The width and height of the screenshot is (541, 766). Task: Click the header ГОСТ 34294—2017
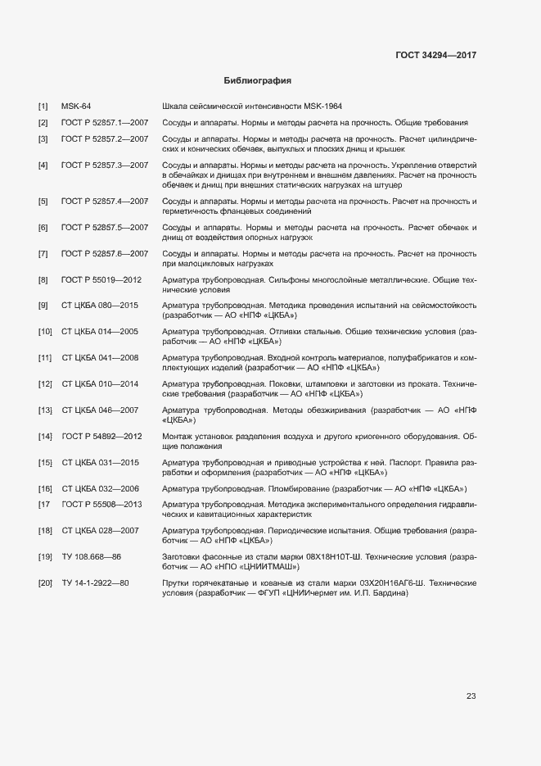click(435, 55)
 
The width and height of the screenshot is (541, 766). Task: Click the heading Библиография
click(258, 81)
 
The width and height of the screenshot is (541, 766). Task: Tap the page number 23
click(471, 696)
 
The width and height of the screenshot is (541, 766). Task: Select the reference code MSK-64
click(76, 107)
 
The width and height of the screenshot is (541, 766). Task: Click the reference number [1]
click(43, 107)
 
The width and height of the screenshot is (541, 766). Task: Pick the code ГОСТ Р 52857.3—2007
click(104, 165)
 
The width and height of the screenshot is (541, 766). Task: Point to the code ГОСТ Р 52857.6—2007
click(104, 254)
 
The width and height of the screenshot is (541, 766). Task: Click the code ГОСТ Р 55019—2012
click(101, 280)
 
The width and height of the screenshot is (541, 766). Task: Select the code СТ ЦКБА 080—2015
click(100, 306)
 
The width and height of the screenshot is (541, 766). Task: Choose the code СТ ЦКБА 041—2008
click(100, 358)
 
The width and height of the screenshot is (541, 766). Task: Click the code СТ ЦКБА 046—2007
click(100, 410)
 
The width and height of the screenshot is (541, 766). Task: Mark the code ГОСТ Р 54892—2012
click(101, 436)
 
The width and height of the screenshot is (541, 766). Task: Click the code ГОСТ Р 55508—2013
click(101, 504)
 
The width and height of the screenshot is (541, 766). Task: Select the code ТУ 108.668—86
click(91, 557)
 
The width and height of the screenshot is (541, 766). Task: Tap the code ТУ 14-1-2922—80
click(95, 583)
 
